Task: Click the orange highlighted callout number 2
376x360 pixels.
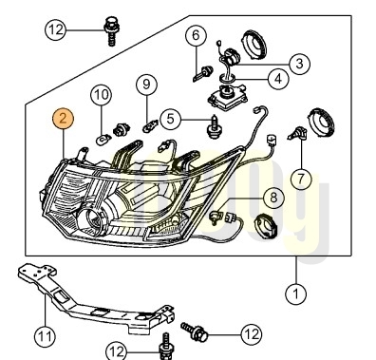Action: (63, 119)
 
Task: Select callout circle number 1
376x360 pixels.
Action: (296, 294)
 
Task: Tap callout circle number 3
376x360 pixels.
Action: (299, 64)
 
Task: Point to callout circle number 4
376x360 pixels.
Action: (278, 79)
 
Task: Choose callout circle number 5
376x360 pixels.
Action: (171, 119)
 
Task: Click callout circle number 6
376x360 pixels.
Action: (196, 35)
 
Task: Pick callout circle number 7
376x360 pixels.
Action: (301, 179)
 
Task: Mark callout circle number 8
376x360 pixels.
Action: (273, 198)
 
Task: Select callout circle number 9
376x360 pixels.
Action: (146, 85)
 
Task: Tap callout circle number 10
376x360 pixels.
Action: (102, 94)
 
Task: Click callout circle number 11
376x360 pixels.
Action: (45, 336)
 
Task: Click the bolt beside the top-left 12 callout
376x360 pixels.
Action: (110, 31)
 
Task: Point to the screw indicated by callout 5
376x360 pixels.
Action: (216, 127)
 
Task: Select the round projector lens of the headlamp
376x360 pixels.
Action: (92, 218)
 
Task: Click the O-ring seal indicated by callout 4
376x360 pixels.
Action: (227, 77)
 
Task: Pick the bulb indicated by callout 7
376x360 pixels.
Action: (297, 133)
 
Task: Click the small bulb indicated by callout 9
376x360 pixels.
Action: (149, 127)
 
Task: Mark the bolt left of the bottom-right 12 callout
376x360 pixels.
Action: (195, 331)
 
